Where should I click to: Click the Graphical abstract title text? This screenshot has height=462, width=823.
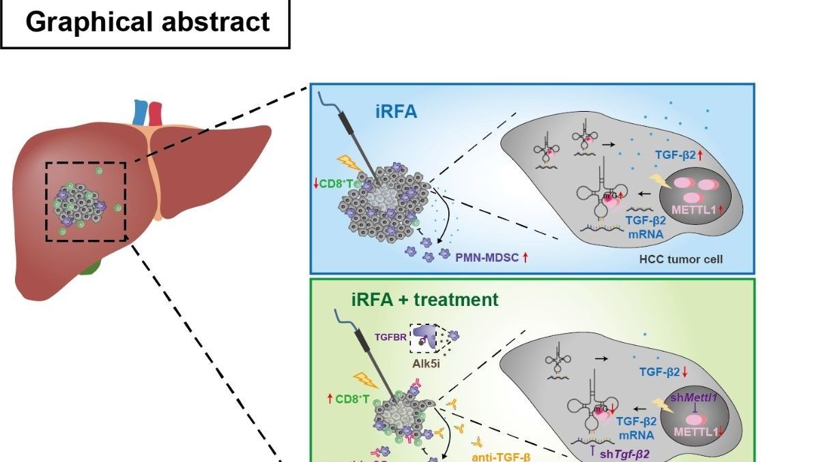[147, 22]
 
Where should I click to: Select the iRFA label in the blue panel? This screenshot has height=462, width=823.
[396, 111]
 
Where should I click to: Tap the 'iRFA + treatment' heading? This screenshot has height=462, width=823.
[424, 299]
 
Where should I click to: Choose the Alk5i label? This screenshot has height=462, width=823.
[426, 363]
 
